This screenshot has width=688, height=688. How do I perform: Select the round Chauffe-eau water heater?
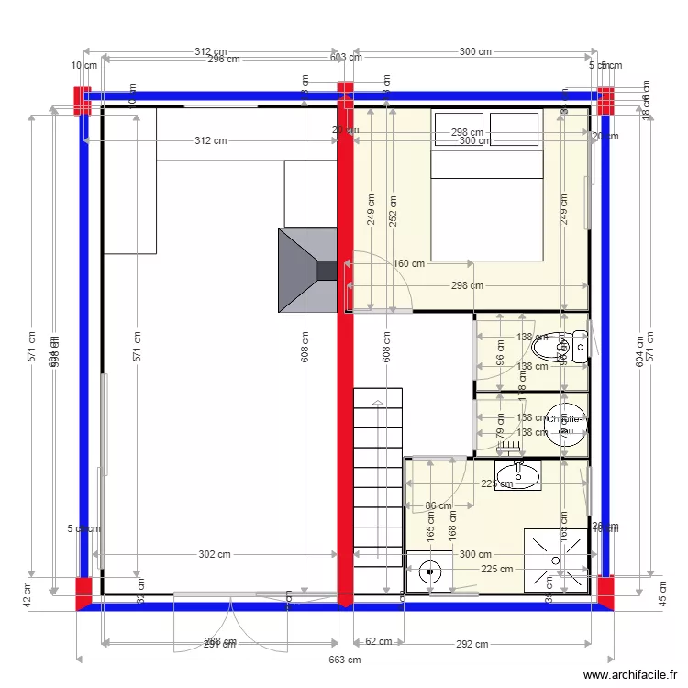565,423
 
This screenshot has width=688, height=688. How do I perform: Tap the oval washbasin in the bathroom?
519,476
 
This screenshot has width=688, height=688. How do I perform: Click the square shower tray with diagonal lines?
556,560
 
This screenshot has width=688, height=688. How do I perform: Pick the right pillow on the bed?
514,129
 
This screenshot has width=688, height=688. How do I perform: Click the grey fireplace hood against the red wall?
308,271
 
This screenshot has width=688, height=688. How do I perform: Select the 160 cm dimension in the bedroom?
408,264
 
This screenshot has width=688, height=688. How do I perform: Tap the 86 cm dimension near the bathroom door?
438,505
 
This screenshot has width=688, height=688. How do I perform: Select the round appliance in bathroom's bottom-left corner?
428,572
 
